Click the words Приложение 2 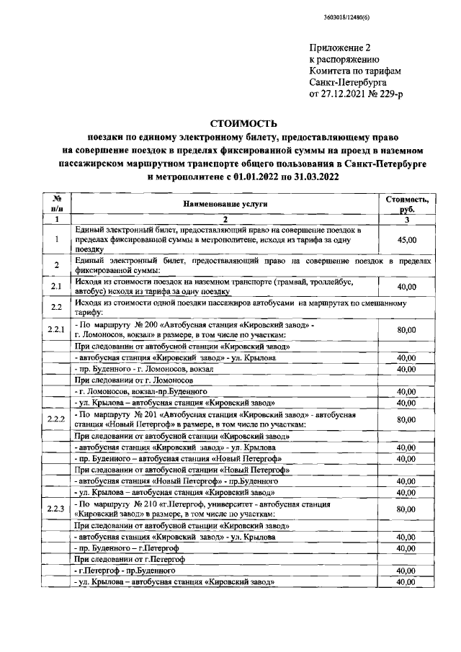[x=340, y=48]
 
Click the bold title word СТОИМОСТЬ [x=230, y=124]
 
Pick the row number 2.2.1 [x=56, y=330]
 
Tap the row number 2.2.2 [x=56, y=419]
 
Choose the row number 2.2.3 [x=56, y=509]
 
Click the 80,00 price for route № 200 [x=407, y=330]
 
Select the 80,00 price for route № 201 [x=407, y=419]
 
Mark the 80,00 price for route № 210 [x=407, y=509]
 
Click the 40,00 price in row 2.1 [x=407, y=287]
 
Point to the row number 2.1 [x=56, y=287]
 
